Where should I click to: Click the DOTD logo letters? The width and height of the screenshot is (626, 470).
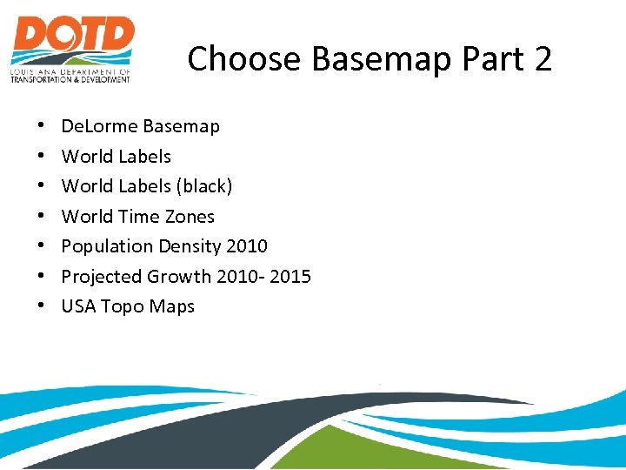click(73, 38)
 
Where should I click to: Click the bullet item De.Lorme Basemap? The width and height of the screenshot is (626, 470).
click(140, 126)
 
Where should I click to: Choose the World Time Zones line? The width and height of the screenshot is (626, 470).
click(137, 217)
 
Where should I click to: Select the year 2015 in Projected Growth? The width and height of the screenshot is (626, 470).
click(289, 277)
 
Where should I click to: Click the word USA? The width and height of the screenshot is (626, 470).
click(78, 306)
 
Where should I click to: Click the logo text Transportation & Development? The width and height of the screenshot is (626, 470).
click(70, 79)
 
